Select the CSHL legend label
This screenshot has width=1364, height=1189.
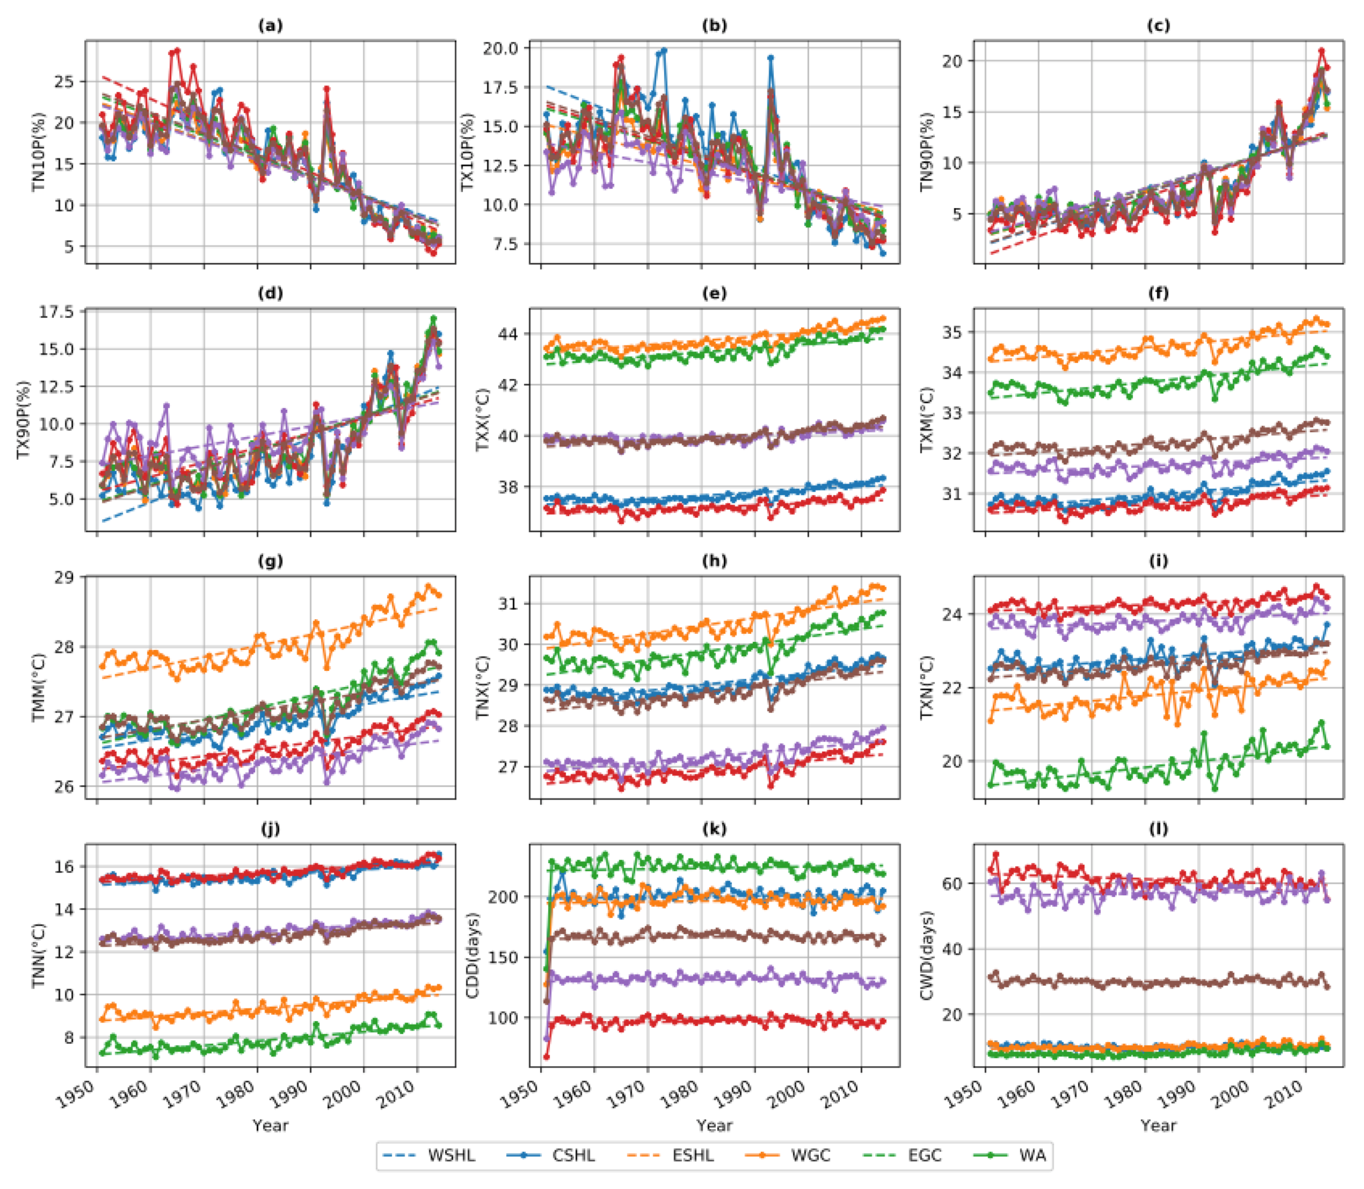pyautogui.click(x=574, y=1155)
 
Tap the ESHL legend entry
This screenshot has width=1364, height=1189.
pyautogui.click(x=693, y=1155)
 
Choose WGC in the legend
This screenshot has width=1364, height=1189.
pyautogui.click(x=810, y=1155)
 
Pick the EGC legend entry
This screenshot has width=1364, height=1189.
pyautogui.click(x=924, y=1155)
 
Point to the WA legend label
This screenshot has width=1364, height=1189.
pyautogui.click(x=1033, y=1155)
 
